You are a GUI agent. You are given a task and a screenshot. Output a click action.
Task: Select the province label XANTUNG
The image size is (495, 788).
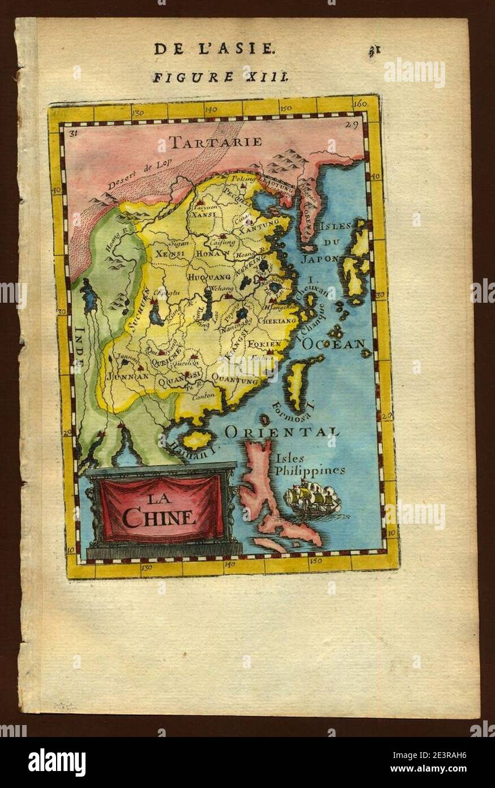(x=258, y=231)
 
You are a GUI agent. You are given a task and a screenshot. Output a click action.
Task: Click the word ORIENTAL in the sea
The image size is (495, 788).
(x=282, y=433)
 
